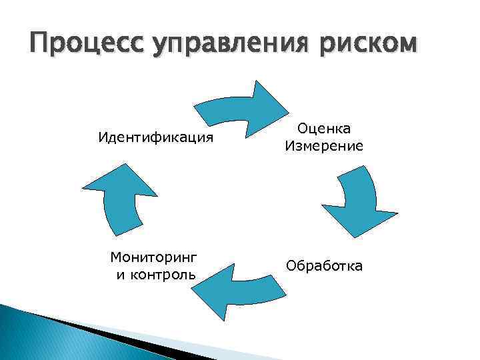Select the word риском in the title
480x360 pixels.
click(360, 45)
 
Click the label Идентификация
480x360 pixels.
click(156, 137)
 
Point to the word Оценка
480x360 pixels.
click(324, 128)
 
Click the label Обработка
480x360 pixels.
click(325, 266)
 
